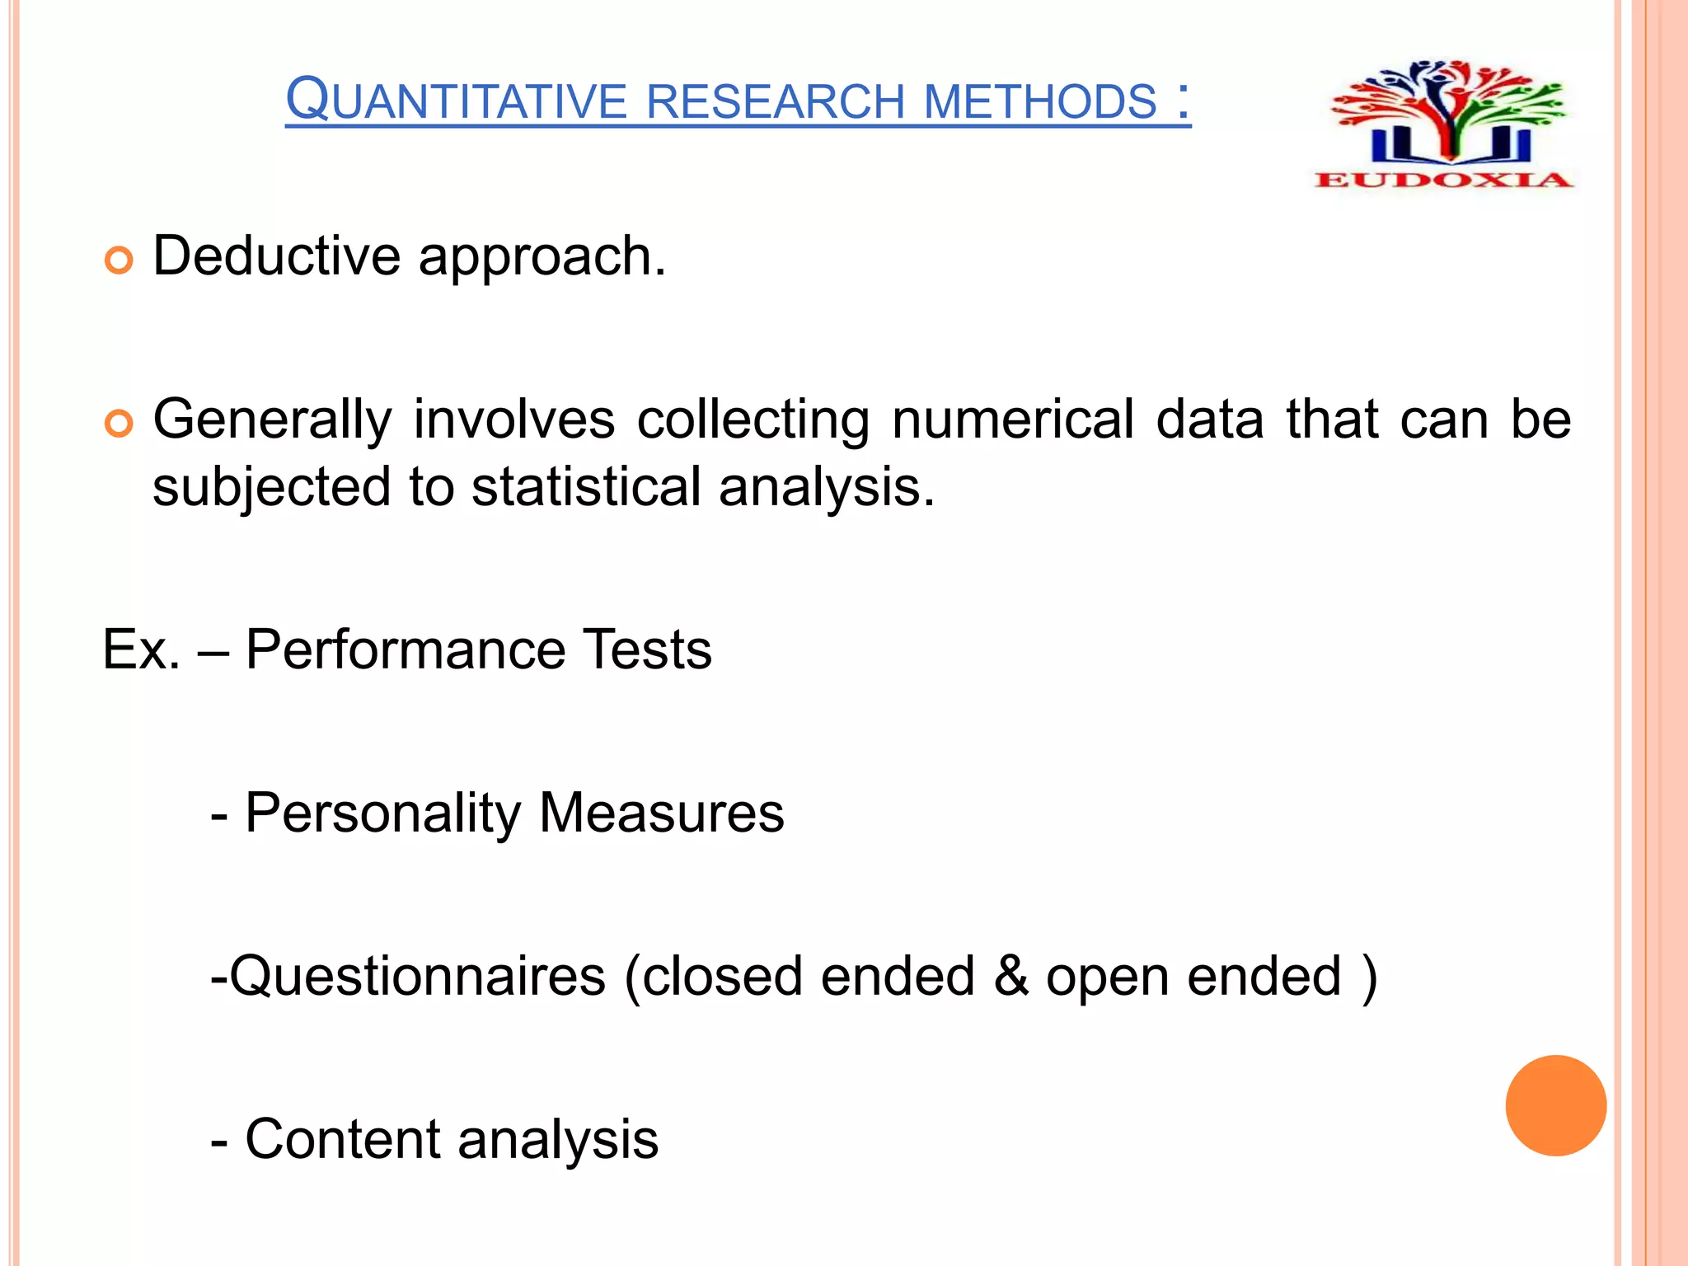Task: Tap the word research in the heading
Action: (x=776, y=101)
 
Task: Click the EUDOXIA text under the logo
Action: (x=1443, y=180)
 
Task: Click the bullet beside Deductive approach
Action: (x=119, y=261)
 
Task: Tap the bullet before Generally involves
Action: (x=119, y=424)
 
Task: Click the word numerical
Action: (x=1013, y=419)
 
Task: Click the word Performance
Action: (x=405, y=649)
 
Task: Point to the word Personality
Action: (x=382, y=814)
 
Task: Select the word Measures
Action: (x=661, y=813)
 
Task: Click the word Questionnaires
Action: (x=417, y=977)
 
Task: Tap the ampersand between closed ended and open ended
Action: (x=1010, y=976)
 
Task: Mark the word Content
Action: (x=343, y=1139)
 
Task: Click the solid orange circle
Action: (x=1555, y=1105)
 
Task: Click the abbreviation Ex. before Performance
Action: (x=141, y=649)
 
